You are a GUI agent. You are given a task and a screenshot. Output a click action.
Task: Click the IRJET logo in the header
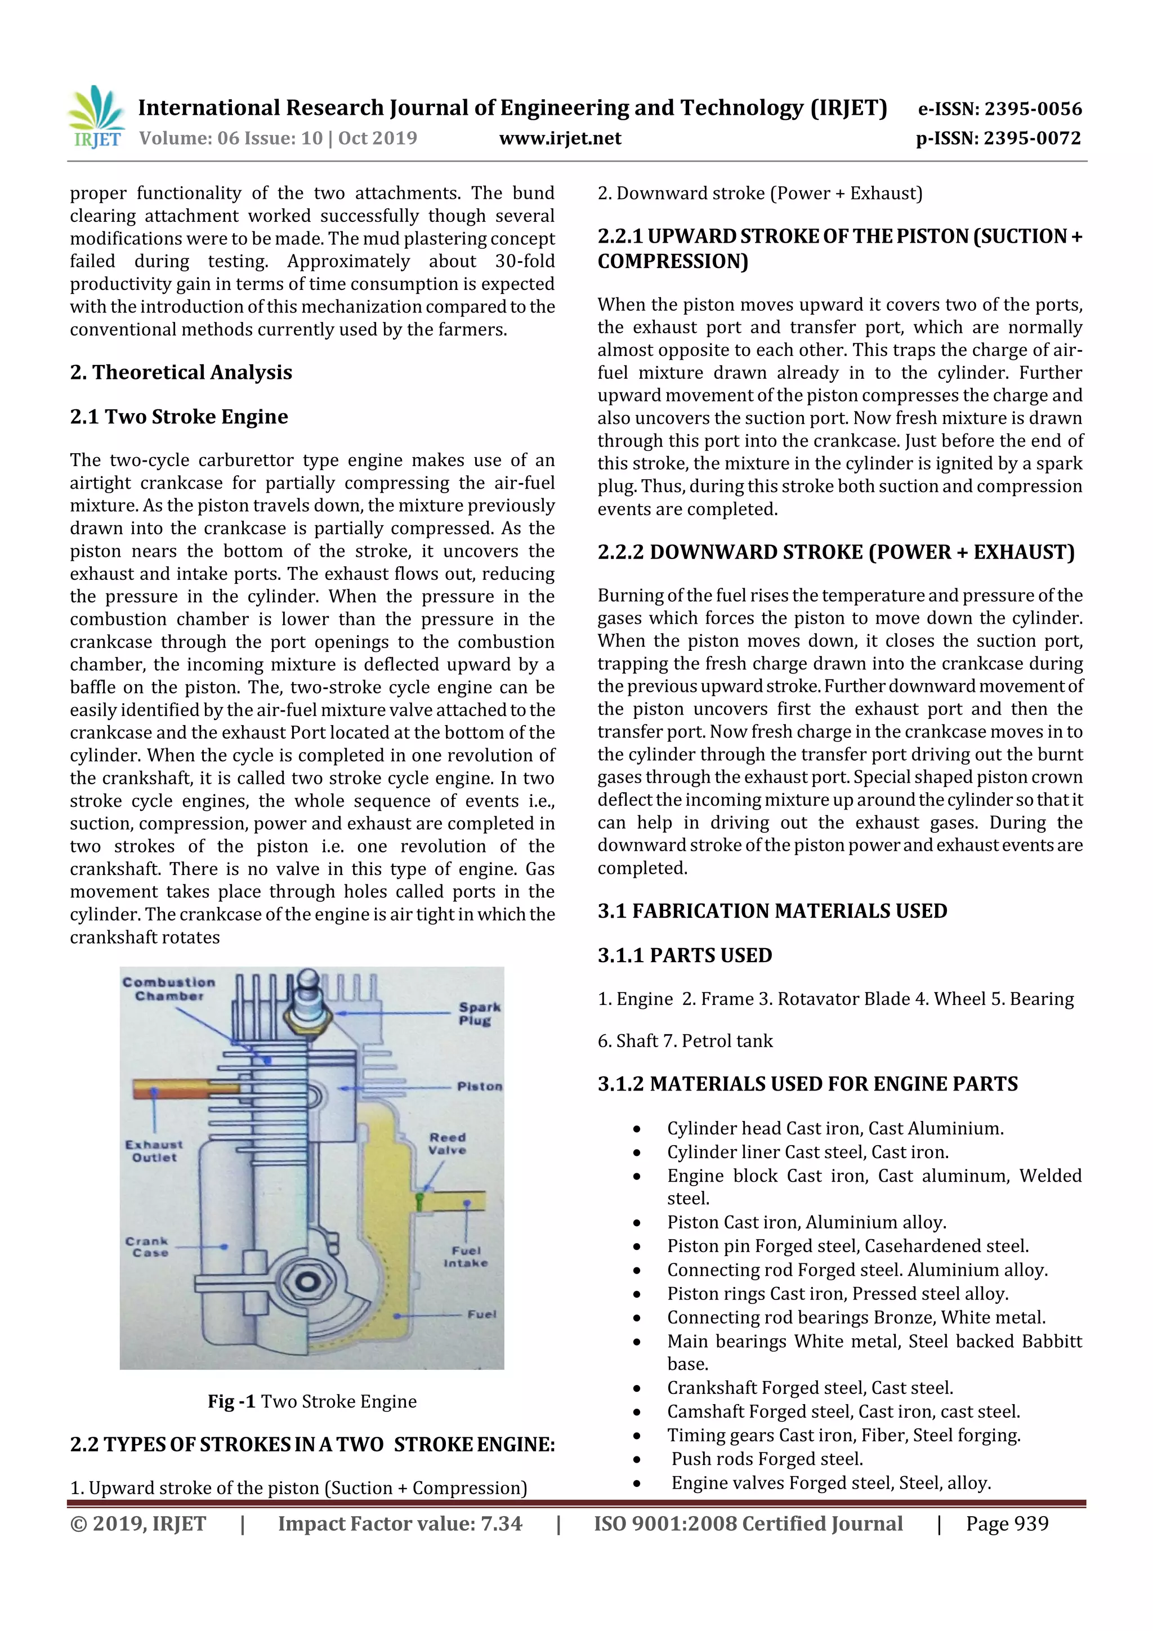pyautogui.click(x=96, y=117)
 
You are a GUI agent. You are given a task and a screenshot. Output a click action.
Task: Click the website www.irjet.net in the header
pyautogui.click(x=560, y=138)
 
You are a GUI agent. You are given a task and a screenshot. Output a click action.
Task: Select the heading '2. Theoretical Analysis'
pyautogui.click(x=181, y=372)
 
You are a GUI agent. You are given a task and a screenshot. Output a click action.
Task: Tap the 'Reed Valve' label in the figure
pyautogui.click(x=447, y=1143)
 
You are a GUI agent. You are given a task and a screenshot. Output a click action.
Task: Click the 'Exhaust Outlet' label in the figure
pyautogui.click(x=154, y=1150)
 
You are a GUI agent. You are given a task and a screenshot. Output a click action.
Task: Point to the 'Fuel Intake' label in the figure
pyautogui.click(x=466, y=1256)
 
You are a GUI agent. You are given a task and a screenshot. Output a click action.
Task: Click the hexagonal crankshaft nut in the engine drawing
pyautogui.click(x=307, y=1281)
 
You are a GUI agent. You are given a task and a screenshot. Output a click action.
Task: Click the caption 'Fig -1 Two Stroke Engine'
pyautogui.click(x=312, y=1401)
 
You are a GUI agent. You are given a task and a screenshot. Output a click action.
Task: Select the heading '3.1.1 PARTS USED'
pyautogui.click(x=684, y=955)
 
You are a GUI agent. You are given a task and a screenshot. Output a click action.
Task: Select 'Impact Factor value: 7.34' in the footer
pyautogui.click(x=399, y=1523)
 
